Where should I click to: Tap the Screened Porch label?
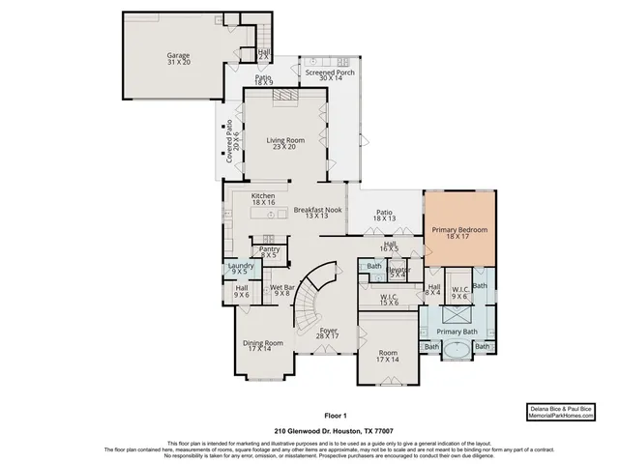(329, 75)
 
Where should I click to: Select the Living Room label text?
(285, 145)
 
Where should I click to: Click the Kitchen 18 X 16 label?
(264, 200)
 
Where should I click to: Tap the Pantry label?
(270, 251)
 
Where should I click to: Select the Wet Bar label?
(282, 291)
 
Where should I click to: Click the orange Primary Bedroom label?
(459, 233)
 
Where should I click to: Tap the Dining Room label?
(262, 346)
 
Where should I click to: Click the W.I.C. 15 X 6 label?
(390, 300)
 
